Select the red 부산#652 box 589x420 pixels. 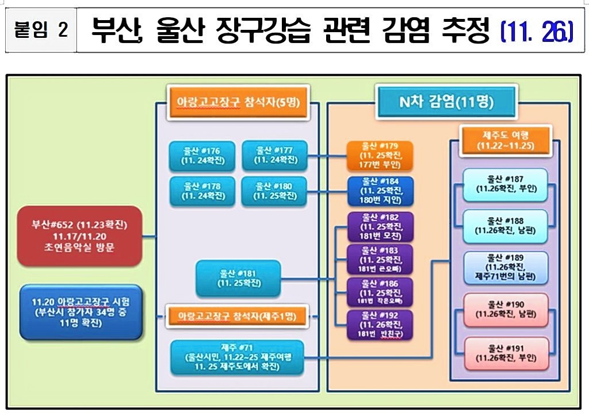click(x=79, y=235)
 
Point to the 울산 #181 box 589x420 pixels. click(x=238, y=279)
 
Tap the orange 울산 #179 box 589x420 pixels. click(x=380, y=155)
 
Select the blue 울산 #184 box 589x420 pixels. click(x=380, y=191)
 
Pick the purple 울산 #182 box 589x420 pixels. click(x=380, y=226)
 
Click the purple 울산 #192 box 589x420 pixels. click(x=380, y=325)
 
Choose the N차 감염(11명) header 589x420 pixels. click(x=446, y=103)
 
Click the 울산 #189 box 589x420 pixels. click(x=506, y=267)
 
